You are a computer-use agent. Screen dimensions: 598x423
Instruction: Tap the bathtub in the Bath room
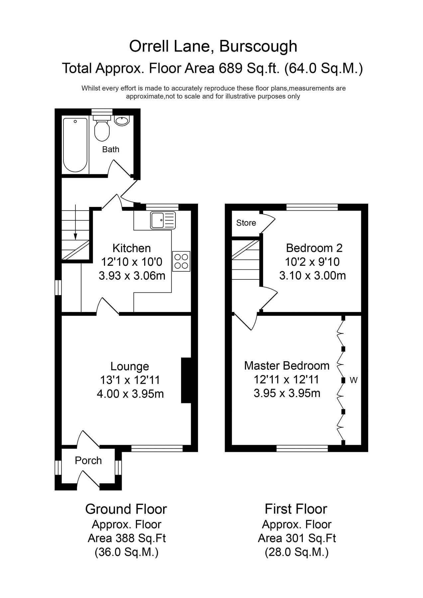coord(75,145)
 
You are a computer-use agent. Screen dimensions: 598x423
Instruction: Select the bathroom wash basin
coord(122,121)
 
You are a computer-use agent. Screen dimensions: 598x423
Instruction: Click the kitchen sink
coord(162,220)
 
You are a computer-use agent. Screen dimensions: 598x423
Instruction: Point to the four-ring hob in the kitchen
coord(181,261)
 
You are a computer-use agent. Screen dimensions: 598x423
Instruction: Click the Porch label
coord(88,460)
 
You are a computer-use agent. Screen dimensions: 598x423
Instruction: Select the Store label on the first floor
coord(246,223)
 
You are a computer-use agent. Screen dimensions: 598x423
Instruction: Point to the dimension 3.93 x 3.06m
coord(132,276)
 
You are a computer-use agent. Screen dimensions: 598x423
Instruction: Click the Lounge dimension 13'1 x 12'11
coord(130,380)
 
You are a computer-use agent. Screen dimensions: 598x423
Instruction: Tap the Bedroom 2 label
coord(314,248)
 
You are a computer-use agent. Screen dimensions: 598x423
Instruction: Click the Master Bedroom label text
coord(286,366)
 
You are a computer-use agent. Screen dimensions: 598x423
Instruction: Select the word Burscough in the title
coord(258,46)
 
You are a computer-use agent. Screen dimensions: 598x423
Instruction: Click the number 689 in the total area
coord(230,68)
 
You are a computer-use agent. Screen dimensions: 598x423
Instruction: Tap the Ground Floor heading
coord(126,509)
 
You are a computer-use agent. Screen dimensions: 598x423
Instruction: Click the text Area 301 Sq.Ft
coord(296,538)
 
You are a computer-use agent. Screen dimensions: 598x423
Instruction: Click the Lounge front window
coord(157,448)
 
